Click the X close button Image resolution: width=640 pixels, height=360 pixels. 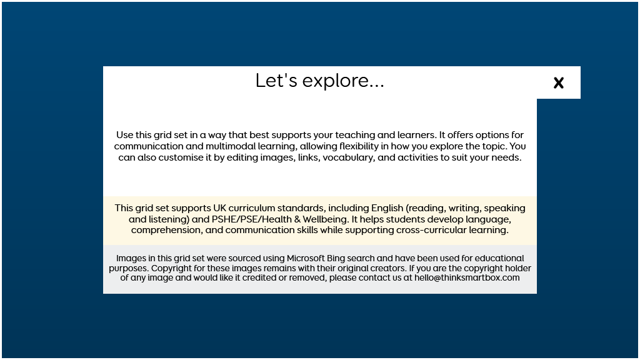click(x=558, y=83)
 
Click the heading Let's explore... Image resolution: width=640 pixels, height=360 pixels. click(x=319, y=81)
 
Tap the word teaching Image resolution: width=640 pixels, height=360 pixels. click(x=355, y=135)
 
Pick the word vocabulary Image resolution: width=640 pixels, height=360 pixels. click(x=349, y=157)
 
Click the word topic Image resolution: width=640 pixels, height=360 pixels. click(x=494, y=146)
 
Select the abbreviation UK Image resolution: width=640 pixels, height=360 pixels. click(x=219, y=208)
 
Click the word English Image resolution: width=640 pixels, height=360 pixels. click(x=387, y=208)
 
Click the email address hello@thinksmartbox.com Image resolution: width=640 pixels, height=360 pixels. click(x=467, y=278)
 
